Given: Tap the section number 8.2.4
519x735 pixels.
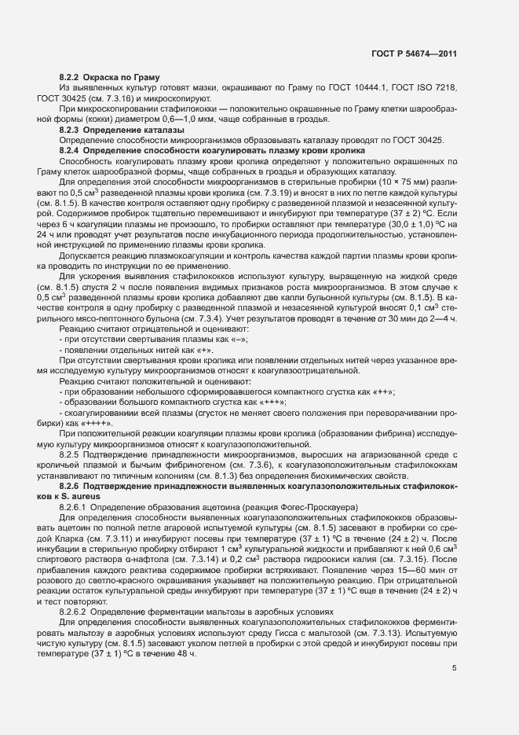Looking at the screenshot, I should point(69,150).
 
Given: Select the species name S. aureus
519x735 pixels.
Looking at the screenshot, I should point(83,497).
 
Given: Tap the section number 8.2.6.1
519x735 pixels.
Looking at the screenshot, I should point(74,508).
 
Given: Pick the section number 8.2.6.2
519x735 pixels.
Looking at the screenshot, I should point(74,611).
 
